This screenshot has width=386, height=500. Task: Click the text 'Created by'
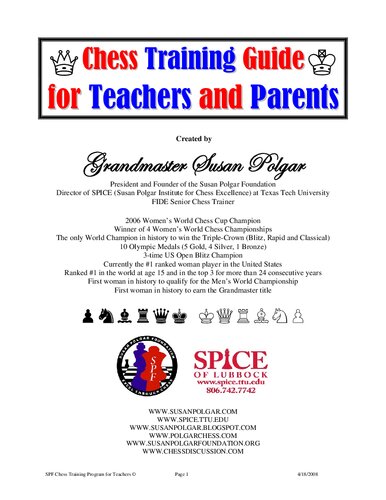pos(192,138)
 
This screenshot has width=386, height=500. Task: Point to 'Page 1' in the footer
pos(194,483)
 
